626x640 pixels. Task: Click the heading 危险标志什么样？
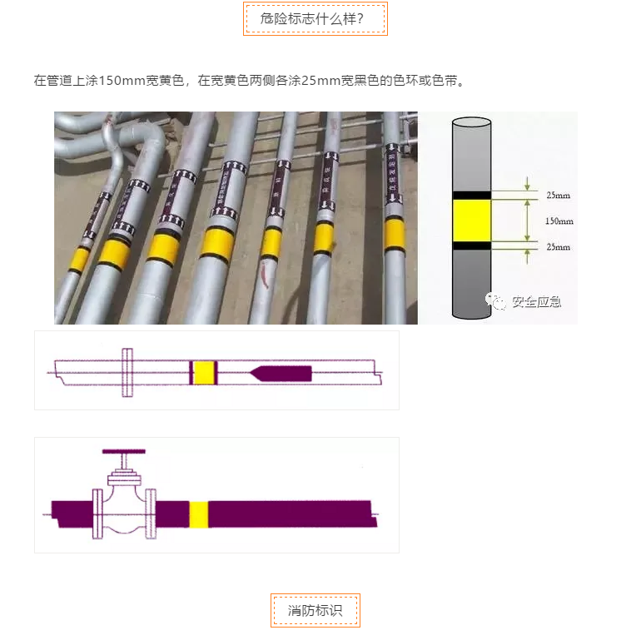click(x=315, y=18)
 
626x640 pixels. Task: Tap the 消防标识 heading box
click(x=315, y=610)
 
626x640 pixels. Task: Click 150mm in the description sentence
click(x=122, y=81)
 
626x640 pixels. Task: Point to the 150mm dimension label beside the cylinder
click(x=559, y=221)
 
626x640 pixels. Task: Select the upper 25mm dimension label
click(x=559, y=196)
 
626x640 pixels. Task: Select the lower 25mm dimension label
click(x=559, y=248)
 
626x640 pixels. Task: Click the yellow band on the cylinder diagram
click(x=472, y=221)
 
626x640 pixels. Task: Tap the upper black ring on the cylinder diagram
click(x=472, y=196)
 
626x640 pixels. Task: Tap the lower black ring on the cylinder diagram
click(x=472, y=246)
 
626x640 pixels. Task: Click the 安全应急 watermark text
click(x=536, y=301)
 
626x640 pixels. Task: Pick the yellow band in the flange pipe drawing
click(x=205, y=371)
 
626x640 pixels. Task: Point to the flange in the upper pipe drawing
click(x=127, y=372)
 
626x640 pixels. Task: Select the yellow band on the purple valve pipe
click(x=199, y=513)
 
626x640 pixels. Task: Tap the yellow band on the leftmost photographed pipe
click(x=79, y=260)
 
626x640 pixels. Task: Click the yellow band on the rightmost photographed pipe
click(x=395, y=234)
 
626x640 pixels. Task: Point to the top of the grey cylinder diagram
click(x=472, y=122)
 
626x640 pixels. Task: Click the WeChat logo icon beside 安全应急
click(x=497, y=301)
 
